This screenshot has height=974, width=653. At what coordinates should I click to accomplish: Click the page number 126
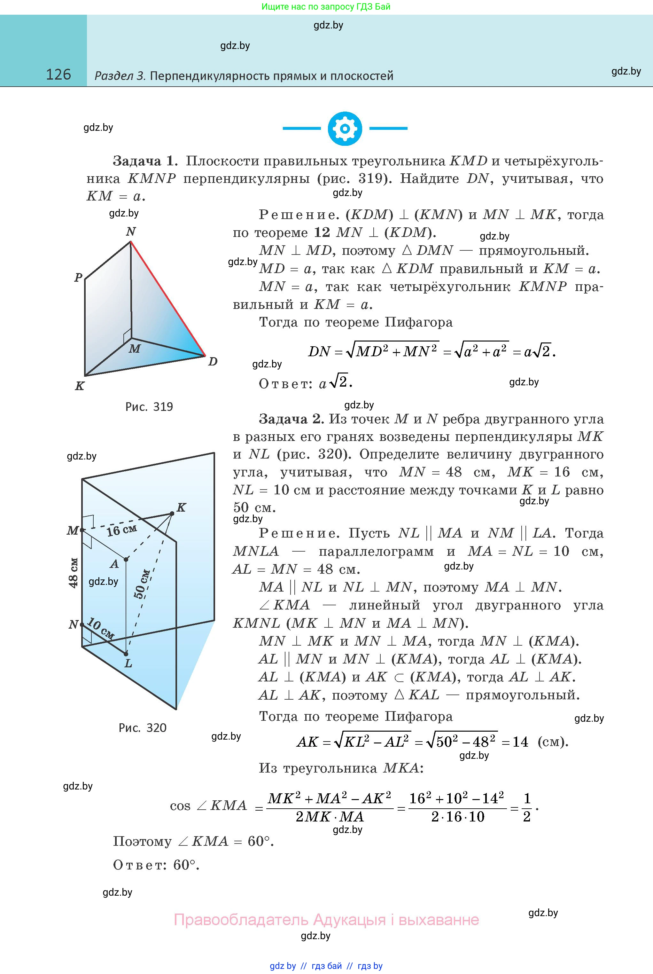(58, 75)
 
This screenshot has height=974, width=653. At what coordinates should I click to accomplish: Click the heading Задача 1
(145, 161)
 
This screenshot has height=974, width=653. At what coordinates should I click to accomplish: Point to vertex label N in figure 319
(131, 232)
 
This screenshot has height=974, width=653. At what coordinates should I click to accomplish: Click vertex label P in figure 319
(78, 278)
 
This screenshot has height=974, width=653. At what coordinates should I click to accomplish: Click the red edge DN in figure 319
(168, 299)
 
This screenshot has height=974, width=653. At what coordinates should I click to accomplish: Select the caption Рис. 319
(149, 407)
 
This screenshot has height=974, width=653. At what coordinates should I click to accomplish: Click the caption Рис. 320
(143, 728)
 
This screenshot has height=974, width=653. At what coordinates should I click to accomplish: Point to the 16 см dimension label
(121, 530)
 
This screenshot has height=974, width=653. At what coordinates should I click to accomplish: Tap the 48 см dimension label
(73, 573)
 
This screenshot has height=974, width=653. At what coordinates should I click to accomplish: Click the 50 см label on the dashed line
(142, 584)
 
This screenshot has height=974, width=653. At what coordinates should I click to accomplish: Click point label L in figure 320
(128, 663)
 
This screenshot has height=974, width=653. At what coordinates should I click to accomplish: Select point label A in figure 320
(114, 564)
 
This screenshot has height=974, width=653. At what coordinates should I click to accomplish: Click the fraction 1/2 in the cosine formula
(527, 807)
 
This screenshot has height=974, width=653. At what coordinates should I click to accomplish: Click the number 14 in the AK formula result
(520, 742)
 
